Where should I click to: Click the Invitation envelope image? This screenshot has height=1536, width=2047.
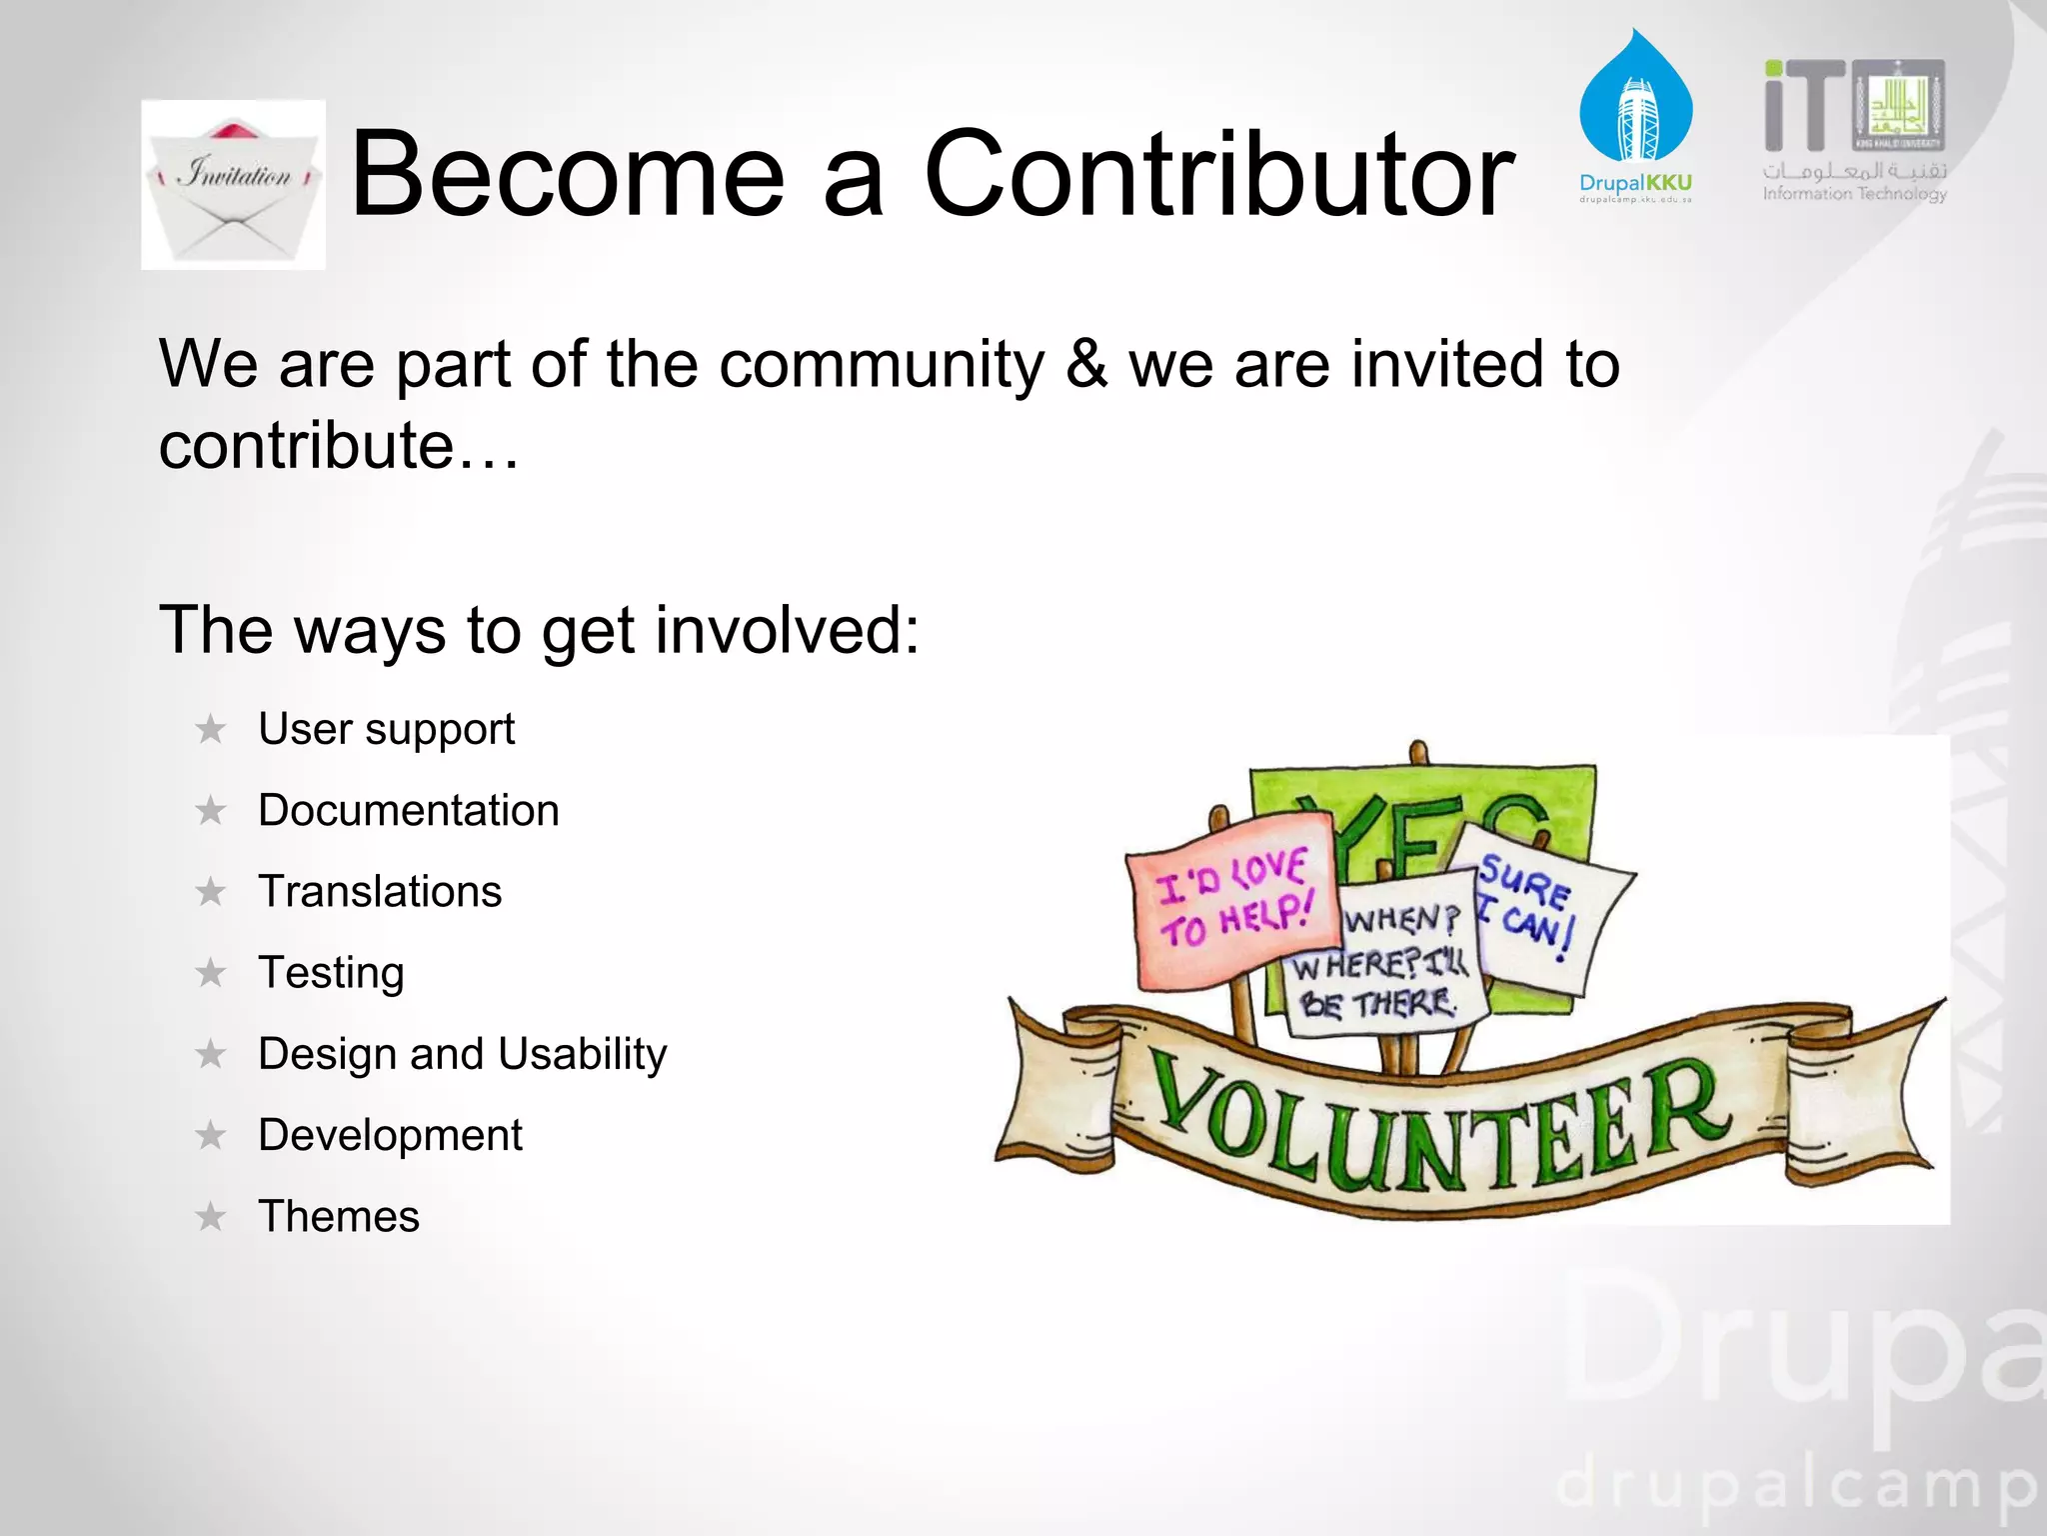(x=233, y=185)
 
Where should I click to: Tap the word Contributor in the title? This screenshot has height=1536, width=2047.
(x=1218, y=176)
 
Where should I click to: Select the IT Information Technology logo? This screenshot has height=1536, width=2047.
(x=1854, y=130)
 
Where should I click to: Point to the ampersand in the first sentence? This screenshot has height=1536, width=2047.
(x=1086, y=363)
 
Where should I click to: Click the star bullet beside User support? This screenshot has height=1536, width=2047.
(x=211, y=730)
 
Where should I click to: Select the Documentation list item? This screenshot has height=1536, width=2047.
(x=408, y=810)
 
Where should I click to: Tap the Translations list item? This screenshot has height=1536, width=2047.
(x=380, y=891)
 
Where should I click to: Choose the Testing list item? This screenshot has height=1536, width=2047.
(x=331, y=973)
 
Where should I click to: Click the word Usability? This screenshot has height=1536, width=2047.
(x=582, y=1054)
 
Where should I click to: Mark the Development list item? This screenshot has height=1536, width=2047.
(x=390, y=1135)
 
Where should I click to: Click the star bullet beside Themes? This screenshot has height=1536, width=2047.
(x=211, y=1217)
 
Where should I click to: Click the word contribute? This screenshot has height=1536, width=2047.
(x=306, y=445)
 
